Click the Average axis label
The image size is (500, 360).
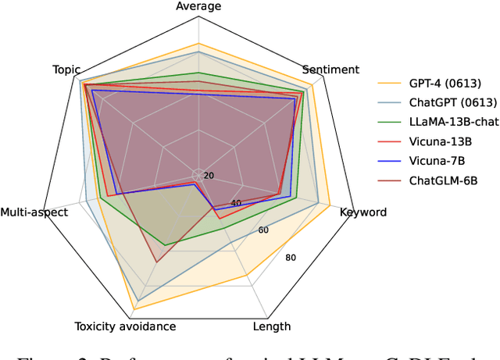tap(198, 6)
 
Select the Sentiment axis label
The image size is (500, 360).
tap(330, 70)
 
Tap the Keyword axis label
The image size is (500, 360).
tap(362, 212)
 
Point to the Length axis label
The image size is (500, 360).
tap(272, 326)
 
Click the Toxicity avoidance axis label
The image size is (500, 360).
tap(125, 326)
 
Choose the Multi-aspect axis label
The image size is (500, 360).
tap(34, 212)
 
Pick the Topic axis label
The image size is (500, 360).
tap(66, 70)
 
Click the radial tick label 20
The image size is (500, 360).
tap(209, 176)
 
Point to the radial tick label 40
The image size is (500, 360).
tap(236, 203)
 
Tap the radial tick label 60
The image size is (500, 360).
tap(263, 230)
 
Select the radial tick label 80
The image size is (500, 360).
tap(291, 258)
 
